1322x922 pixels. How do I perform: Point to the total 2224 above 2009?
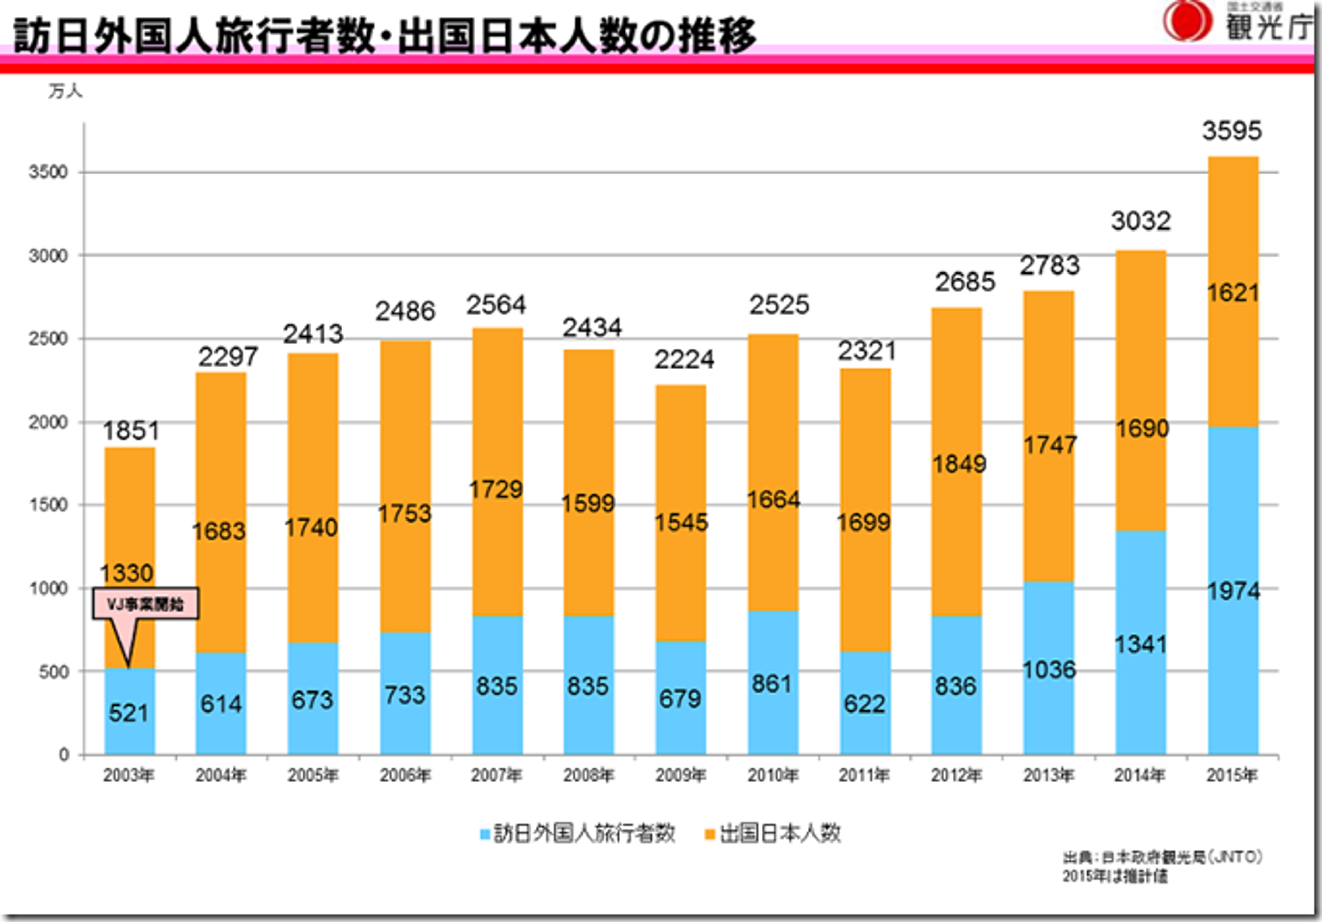click(684, 360)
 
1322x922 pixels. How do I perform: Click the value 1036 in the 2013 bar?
click(1049, 669)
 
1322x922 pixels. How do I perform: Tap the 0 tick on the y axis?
click(64, 754)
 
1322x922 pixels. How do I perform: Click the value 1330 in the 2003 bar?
click(127, 573)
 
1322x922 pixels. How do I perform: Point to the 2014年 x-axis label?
click(1140, 776)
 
